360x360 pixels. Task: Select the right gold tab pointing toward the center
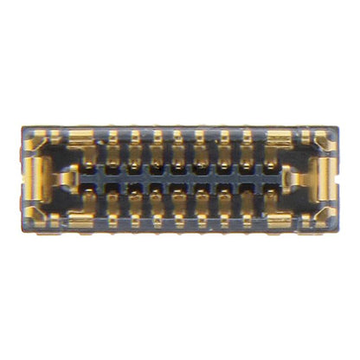[291, 179]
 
